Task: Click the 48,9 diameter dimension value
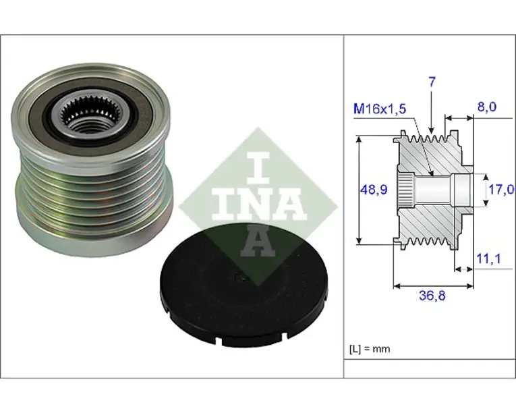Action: [374, 190]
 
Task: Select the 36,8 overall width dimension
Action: [432, 296]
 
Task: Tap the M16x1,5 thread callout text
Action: [380, 109]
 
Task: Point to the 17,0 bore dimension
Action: [501, 190]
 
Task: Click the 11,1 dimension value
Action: [489, 259]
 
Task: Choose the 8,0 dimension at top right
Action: [487, 107]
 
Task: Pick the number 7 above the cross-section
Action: [432, 82]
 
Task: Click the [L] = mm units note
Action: [370, 349]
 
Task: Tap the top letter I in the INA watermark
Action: [258, 167]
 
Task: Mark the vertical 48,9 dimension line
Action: [360, 190]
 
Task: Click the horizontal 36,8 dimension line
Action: [434, 286]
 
